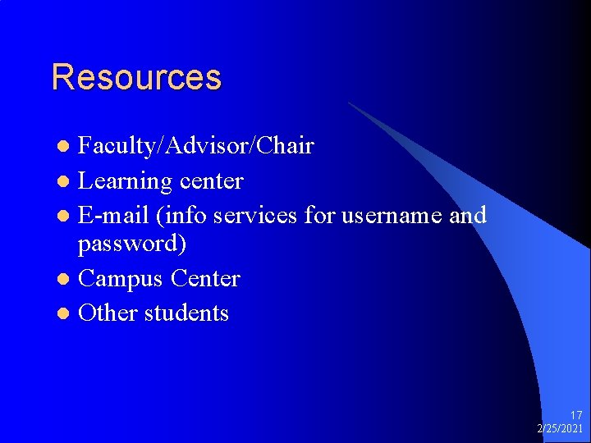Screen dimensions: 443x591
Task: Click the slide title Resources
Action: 136,77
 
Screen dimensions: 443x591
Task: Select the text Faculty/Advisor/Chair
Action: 195,146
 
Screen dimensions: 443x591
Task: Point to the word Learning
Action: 124,181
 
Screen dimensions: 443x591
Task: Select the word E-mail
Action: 113,215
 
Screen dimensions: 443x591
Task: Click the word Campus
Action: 121,279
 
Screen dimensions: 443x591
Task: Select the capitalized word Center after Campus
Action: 205,279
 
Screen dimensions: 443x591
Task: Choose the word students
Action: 186,313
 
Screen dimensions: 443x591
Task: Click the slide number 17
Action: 575,416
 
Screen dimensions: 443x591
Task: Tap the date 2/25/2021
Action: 560,429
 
